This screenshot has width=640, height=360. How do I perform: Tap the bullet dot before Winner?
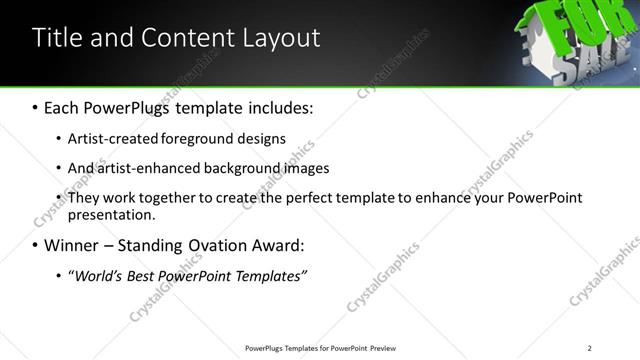click(x=36, y=246)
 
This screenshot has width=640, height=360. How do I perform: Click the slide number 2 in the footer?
click(x=589, y=348)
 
